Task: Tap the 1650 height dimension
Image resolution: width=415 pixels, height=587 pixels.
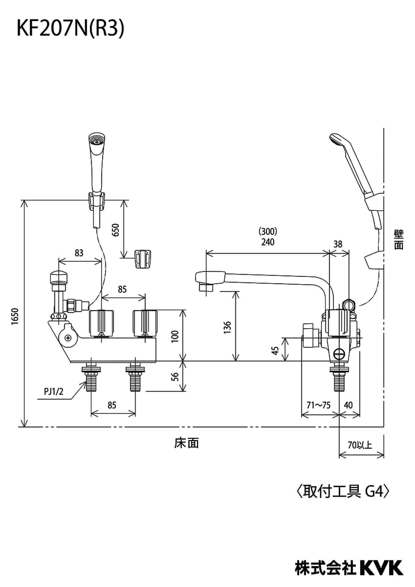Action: (x=15, y=317)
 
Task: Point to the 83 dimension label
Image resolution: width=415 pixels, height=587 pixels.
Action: (x=79, y=253)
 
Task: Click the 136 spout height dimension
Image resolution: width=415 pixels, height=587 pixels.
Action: (x=228, y=327)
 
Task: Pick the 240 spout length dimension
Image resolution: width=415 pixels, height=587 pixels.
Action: (x=268, y=242)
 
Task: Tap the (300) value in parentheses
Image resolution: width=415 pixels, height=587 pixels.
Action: (x=268, y=231)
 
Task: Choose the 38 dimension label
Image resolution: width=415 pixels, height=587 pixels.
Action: (x=338, y=243)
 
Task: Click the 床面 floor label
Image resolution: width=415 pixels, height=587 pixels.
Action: (x=187, y=443)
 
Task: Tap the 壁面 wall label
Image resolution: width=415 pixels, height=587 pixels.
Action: (x=399, y=240)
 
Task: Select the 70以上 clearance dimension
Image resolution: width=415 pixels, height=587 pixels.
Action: (x=360, y=445)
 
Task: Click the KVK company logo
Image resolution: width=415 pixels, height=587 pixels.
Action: (x=381, y=567)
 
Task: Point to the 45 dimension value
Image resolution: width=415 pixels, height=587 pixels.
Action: (x=275, y=350)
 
